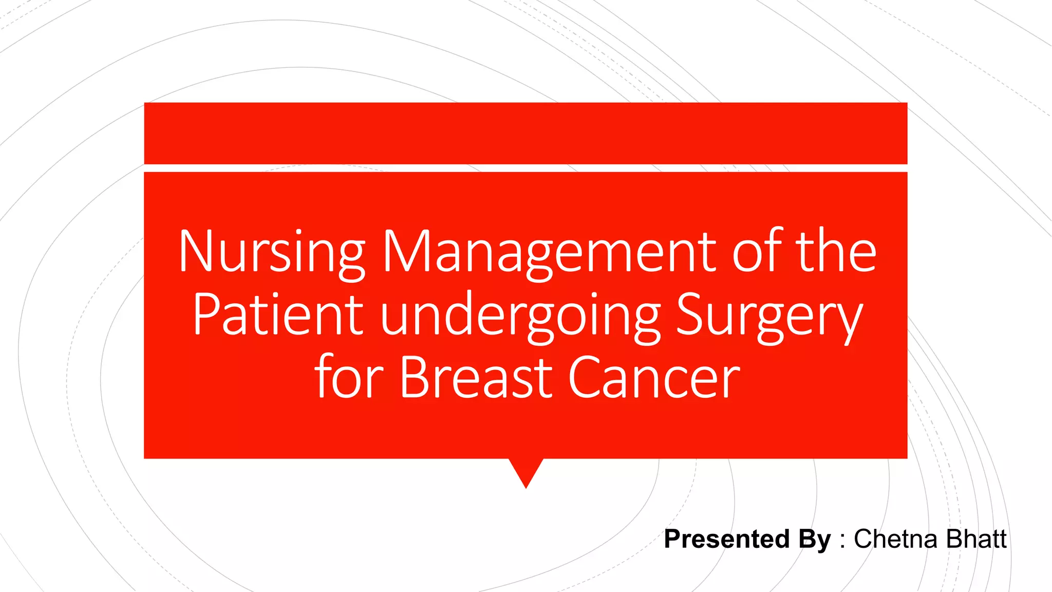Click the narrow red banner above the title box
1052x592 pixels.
click(x=525, y=133)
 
